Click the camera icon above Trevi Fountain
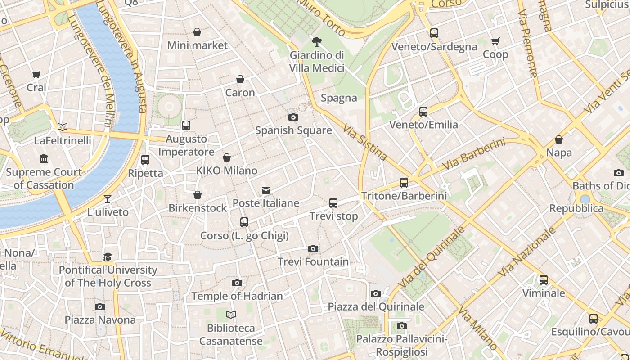click(x=313, y=248)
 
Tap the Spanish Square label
click(x=293, y=130)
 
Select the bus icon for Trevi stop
click(x=333, y=203)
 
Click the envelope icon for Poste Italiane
click(x=266, y=190)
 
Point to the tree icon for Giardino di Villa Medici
click(x=317, y=42)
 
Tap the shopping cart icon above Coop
click(x=495, y=41)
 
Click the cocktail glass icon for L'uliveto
click(x=108, y=198)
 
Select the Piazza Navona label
click(x=100, y=320)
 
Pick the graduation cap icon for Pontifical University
click(x=108, y=256)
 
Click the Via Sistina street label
click(x=365, y=142)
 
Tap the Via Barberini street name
click(x=474, y=154)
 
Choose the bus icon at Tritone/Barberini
click(x=404, y=182)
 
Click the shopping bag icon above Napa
click(x=559, y=139)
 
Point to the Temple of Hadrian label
click(x=237, y=296)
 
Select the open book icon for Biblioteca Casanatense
click(x=231, y=315)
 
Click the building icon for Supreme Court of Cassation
click(x=44, y=158)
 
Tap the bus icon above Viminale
click(x=544, y=280)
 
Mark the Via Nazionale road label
click(x=527, y=252)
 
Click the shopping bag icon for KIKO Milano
click(x=227, y=157)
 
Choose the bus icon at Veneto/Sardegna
click(x=434, y=33)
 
